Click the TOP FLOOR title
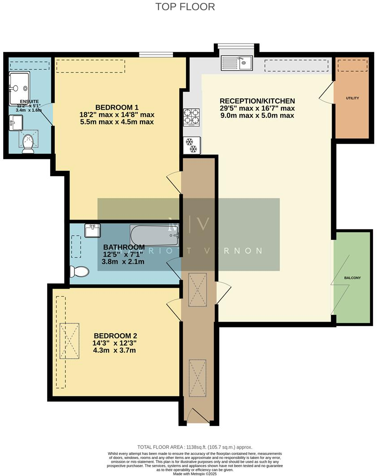point(185,7)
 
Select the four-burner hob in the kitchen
point(191,118)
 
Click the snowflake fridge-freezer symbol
point(192,145)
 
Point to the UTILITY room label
point(352,98)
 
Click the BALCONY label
point(352,278)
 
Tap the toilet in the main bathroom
point(78,271)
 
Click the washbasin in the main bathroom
point(92,230)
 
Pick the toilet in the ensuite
point(28,143)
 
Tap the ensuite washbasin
point(16,122)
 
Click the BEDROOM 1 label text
point(117,107)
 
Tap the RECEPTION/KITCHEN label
point(257,101)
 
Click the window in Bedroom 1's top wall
point(156,55)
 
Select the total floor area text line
point(195,447)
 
